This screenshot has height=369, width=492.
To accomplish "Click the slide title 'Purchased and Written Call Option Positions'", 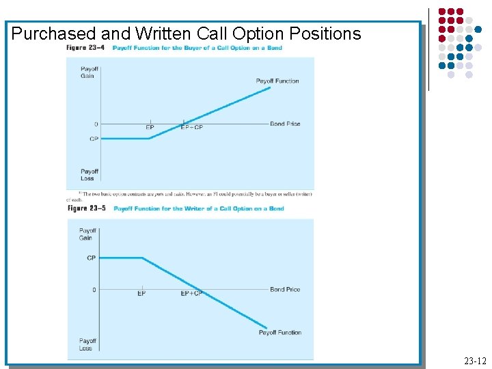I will click(x=186, y=33).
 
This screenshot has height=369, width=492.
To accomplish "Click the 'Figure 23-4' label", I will click(x=84, y=48).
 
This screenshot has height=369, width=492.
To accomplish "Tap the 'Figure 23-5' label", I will click(x=86, y=208).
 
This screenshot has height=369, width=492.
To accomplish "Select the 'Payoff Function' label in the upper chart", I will click(x=277, y=81).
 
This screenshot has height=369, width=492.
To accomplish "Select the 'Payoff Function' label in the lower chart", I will click(x=279, y=333).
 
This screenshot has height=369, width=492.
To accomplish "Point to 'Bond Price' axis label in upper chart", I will click(x=285, y=124).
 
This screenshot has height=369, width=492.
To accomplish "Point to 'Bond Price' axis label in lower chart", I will click(x=285, y=290).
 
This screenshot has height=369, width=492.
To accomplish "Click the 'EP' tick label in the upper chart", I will click(x=150, y=127).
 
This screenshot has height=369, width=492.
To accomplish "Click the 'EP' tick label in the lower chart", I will click(x=141, y=294).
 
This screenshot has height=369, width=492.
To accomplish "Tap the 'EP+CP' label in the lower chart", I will click(x=191, y=294).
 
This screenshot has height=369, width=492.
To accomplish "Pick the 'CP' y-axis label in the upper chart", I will click(x=94, y=139).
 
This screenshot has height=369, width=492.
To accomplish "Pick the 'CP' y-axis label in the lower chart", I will click(x=92, y=258).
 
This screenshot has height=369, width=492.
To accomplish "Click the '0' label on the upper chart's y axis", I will click(x=96, y=124).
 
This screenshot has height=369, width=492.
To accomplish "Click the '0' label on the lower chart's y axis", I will click(x=94, y=290).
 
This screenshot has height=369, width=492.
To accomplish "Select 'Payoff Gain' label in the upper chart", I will click(x=89, y=72).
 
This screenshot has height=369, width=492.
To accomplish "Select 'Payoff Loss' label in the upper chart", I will click(x=89, y=175).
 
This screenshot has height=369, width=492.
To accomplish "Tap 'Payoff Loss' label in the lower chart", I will click(x=87, y=344).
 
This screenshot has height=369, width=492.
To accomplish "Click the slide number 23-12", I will click(x=474, y=360).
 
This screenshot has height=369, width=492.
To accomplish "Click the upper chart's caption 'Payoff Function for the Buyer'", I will click(x=197, y=48).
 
